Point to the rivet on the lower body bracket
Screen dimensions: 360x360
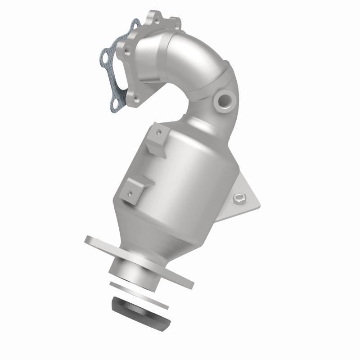[x=130, y=194]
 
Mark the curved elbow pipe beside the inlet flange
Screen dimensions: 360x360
[x=198, y=58]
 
